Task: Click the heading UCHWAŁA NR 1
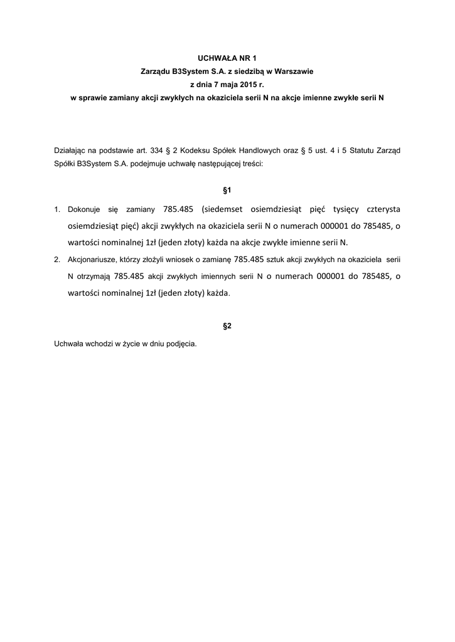[227, 58]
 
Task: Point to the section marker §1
[227, 189]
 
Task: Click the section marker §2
[227, 326]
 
